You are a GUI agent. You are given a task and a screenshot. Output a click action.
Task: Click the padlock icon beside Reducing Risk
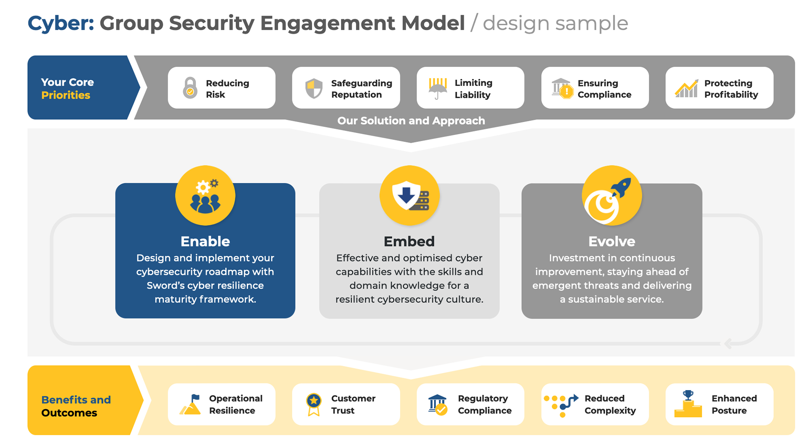(x=190, y=88)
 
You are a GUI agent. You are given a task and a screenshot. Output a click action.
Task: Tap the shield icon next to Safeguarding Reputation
(x=314, y=88)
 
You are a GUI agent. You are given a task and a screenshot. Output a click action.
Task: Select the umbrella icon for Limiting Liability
(x=438, y=88)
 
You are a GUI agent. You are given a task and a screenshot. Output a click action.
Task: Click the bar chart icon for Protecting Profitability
(x=686, y=88)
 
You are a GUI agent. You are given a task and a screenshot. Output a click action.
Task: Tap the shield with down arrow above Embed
(x=409, y=195)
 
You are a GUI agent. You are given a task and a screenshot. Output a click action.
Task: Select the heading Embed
(x=409, y=241)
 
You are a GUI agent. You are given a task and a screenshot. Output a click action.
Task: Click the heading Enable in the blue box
(x=205, y=241)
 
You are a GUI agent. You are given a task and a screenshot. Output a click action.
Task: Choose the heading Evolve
(x=611, y=241)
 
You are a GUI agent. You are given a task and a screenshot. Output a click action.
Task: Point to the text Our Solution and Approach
(x=411, y=121)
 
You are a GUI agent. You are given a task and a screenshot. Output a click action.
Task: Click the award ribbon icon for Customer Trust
(x=314, y=404)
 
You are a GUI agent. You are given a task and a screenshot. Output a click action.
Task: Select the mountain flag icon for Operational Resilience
(x=190, y=404)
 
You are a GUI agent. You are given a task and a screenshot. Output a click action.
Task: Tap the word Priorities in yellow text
(x=66, y=95)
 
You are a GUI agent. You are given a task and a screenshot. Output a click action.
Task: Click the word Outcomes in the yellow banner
(x=69, y=413)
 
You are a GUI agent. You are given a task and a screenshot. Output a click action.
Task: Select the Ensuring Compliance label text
(x=604, y=89)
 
